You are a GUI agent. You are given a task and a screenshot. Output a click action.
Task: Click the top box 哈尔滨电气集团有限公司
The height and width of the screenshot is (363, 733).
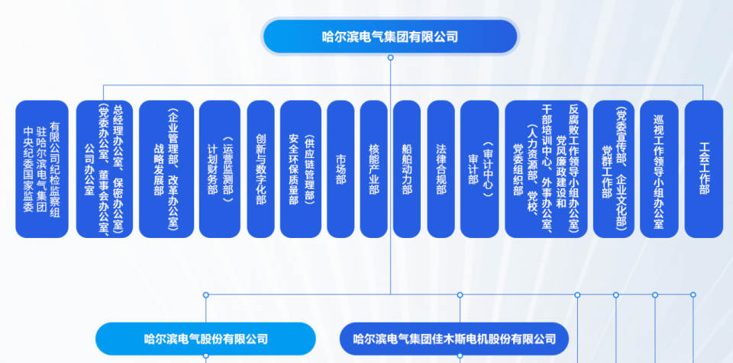[x=390, y=37]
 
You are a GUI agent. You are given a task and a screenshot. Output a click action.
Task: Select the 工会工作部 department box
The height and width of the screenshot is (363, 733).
[x=704, y=169]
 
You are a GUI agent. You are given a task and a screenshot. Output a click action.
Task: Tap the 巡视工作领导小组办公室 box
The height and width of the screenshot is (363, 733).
[x=659, y=169]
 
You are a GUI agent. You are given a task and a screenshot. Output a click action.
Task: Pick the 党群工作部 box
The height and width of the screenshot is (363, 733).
[x=613, y=169]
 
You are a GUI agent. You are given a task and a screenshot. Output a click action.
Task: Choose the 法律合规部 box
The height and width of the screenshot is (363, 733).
[x=441, y=169]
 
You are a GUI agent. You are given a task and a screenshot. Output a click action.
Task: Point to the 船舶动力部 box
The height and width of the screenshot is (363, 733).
[x=407, y=169]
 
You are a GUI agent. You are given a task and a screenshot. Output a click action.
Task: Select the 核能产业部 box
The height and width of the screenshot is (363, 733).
[x=373, y=169]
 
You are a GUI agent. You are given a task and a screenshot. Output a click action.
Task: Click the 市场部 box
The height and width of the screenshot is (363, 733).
[x=341, y=169]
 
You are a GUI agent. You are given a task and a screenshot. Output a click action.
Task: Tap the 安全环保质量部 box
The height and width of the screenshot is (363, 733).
[x=300, y=169]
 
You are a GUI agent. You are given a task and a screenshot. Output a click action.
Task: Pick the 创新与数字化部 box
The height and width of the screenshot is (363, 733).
[x=261, y=169]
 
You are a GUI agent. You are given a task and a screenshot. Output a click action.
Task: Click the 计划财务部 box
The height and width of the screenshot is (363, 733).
[x=219, y=169]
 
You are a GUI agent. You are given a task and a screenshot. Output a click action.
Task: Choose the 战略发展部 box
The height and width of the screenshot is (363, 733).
[x=166, y=169]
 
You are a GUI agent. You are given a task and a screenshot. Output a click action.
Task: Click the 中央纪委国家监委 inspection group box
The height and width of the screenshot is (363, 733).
[x=42, y=169]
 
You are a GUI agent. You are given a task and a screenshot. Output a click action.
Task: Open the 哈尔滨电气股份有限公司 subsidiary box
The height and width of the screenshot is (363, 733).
[x=205, y=339]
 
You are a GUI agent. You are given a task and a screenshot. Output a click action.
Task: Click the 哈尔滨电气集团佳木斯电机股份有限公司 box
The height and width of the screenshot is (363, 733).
[x=454, y=339]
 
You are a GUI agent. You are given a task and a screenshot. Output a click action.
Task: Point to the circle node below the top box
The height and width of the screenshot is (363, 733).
[x=390, y=57]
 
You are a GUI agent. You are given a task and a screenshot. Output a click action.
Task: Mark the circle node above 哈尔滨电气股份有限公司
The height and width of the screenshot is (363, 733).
[x=205, y=294]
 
